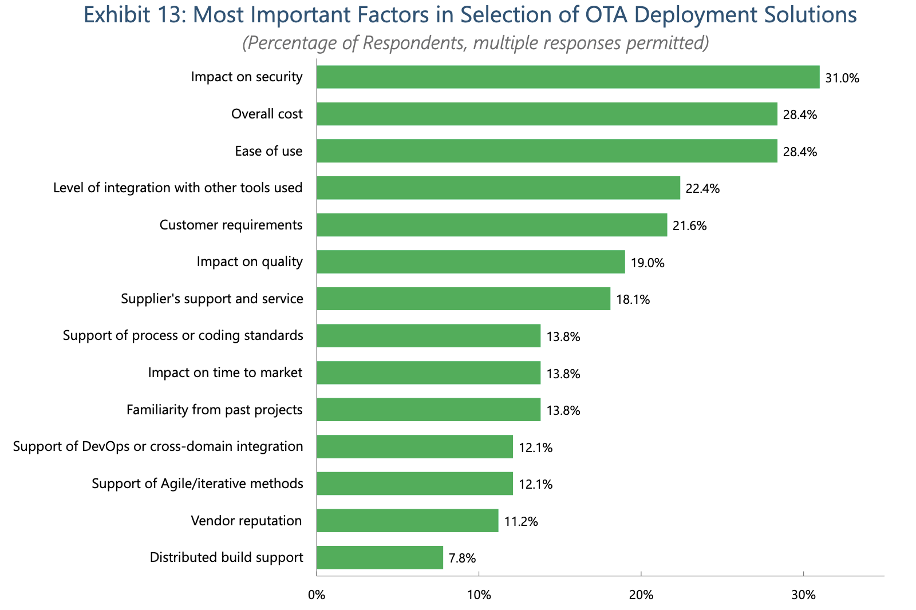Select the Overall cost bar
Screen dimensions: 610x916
point(547,114)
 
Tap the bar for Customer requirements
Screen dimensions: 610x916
point(492,225)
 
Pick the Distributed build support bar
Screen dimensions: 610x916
point(380,557)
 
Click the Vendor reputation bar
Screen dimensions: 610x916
point(407,521)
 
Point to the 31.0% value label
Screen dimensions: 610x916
point(842,78)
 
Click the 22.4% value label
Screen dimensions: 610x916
point(702,189)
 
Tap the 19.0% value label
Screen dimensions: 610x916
point(647,263)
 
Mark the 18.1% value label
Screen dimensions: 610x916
point(633,300)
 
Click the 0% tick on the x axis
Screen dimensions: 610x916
point(317,595)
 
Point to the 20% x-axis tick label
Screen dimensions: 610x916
point(641,595)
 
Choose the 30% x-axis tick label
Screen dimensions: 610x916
point(803,595)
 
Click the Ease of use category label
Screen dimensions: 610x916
point(269,151)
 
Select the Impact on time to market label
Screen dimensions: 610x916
point(225,373)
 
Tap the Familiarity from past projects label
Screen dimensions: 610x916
point(214,410)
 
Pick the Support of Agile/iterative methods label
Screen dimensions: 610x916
point(198,484)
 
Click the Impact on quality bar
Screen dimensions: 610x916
point(471,262)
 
